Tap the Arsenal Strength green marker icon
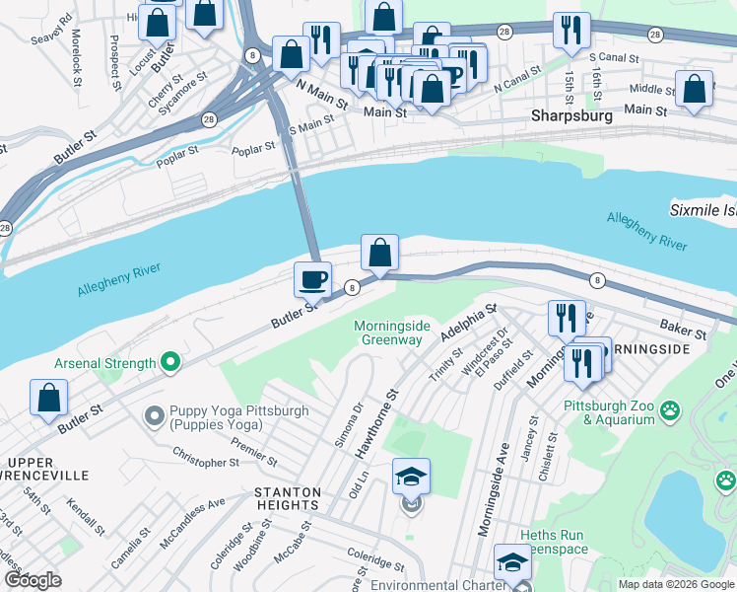pyautogui.click(x=170, y=363)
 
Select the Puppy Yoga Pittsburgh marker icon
pyautogui.click(x=154, y=417)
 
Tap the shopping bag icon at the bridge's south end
pyautogui.click(x=379, y=254)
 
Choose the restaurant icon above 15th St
pyautogui.click(x=570, y=32)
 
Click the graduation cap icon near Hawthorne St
pyautogui.click(x=411, y=478)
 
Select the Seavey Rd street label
pyautogui.click(x=52, y=29)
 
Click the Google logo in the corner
pyautogui.click(x=33, y=580)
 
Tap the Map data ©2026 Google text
pyautogui.click(x=675, y=584)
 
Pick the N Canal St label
pyautogui.click(x=518, y=78)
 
